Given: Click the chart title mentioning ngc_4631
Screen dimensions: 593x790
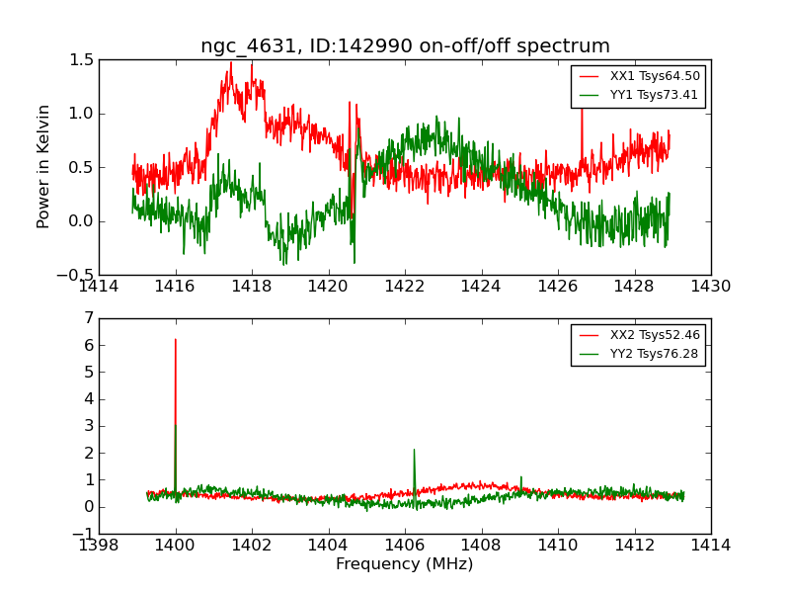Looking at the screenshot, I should pos(405,46).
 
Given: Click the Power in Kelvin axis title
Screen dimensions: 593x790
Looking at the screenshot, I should pos(43,167).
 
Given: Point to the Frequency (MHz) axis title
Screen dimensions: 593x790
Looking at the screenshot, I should pos(405,564).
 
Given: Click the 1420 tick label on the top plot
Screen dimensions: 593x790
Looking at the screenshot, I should pos(329,287).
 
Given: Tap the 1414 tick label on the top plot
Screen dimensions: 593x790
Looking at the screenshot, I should pos(100,287).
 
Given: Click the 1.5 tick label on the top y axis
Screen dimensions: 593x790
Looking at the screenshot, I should pos(82,59).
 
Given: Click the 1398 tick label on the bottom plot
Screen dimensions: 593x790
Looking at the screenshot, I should pos(100,546).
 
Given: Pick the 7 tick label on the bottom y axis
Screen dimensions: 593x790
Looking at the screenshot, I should pos(89,318).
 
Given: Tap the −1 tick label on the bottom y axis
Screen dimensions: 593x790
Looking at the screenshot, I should pos(83,534).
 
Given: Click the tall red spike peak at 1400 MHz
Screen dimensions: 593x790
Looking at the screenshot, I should pos(176,341).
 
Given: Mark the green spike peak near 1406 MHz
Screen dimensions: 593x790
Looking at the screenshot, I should pos(414,450).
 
